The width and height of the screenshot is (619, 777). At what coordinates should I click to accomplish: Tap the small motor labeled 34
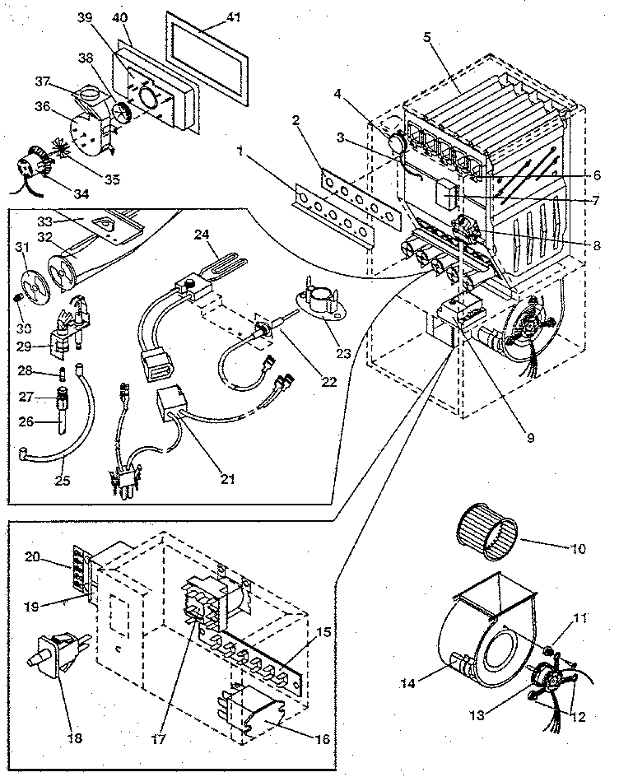click(33, 167)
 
